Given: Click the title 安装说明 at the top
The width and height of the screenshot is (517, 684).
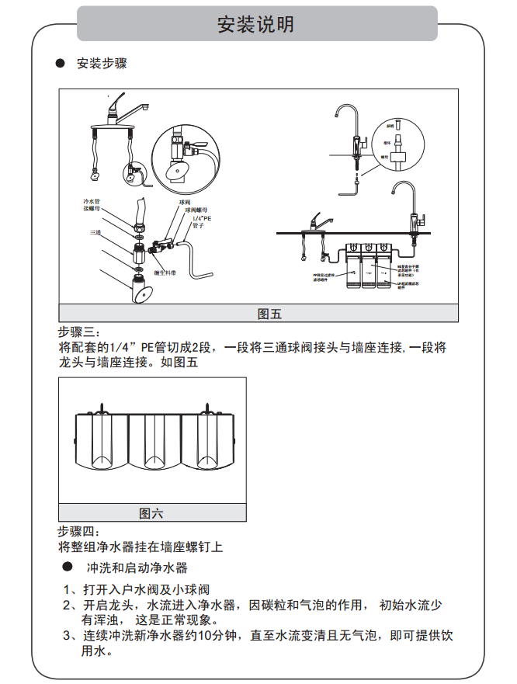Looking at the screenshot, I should (x=256, y=24).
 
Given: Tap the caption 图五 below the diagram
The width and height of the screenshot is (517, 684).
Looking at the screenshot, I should (x=269, y=314).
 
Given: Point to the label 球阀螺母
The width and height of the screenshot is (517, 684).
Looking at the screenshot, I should (x=198, y=210).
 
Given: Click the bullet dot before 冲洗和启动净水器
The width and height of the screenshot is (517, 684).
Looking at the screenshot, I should (x=68, y=568).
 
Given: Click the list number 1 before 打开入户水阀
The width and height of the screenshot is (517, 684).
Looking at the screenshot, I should (x=68, y=589).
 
